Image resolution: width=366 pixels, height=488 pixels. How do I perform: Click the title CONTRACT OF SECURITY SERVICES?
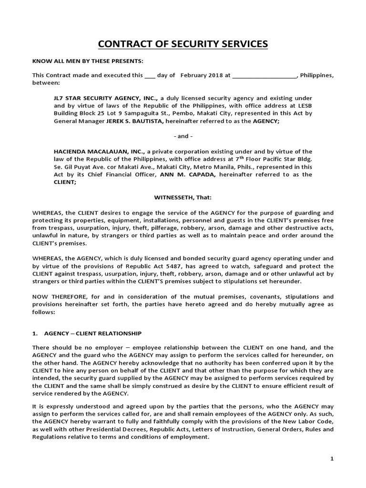pyautogui.click(x=183, y=45)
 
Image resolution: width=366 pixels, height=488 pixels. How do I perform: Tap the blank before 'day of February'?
pyautogui.click(x=150, y=75)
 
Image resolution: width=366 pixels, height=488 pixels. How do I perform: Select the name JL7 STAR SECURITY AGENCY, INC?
pyautogui.click(x=106, y=98)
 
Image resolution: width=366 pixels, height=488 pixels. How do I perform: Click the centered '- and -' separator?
pyautogui.click(x=183, y=136)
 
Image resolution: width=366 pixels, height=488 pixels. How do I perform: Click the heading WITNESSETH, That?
pyautogui.click(x=183, y=197)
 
